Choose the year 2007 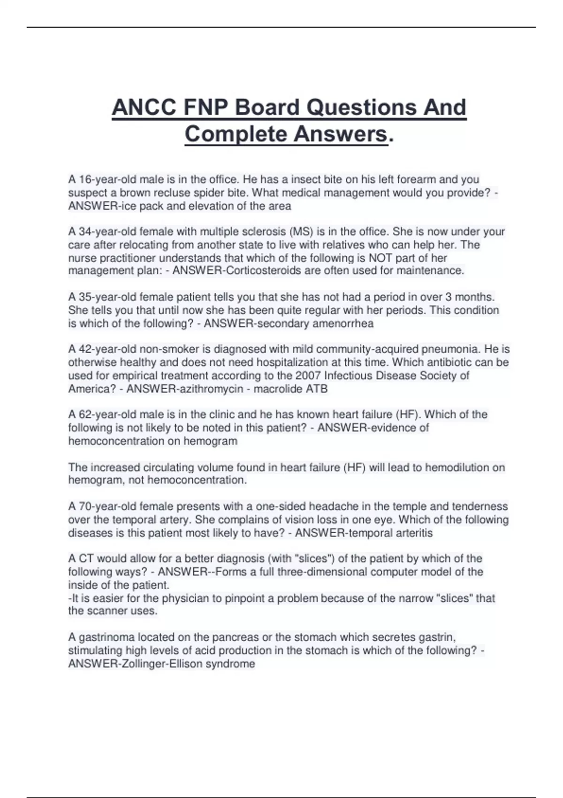tap(308, 376)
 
